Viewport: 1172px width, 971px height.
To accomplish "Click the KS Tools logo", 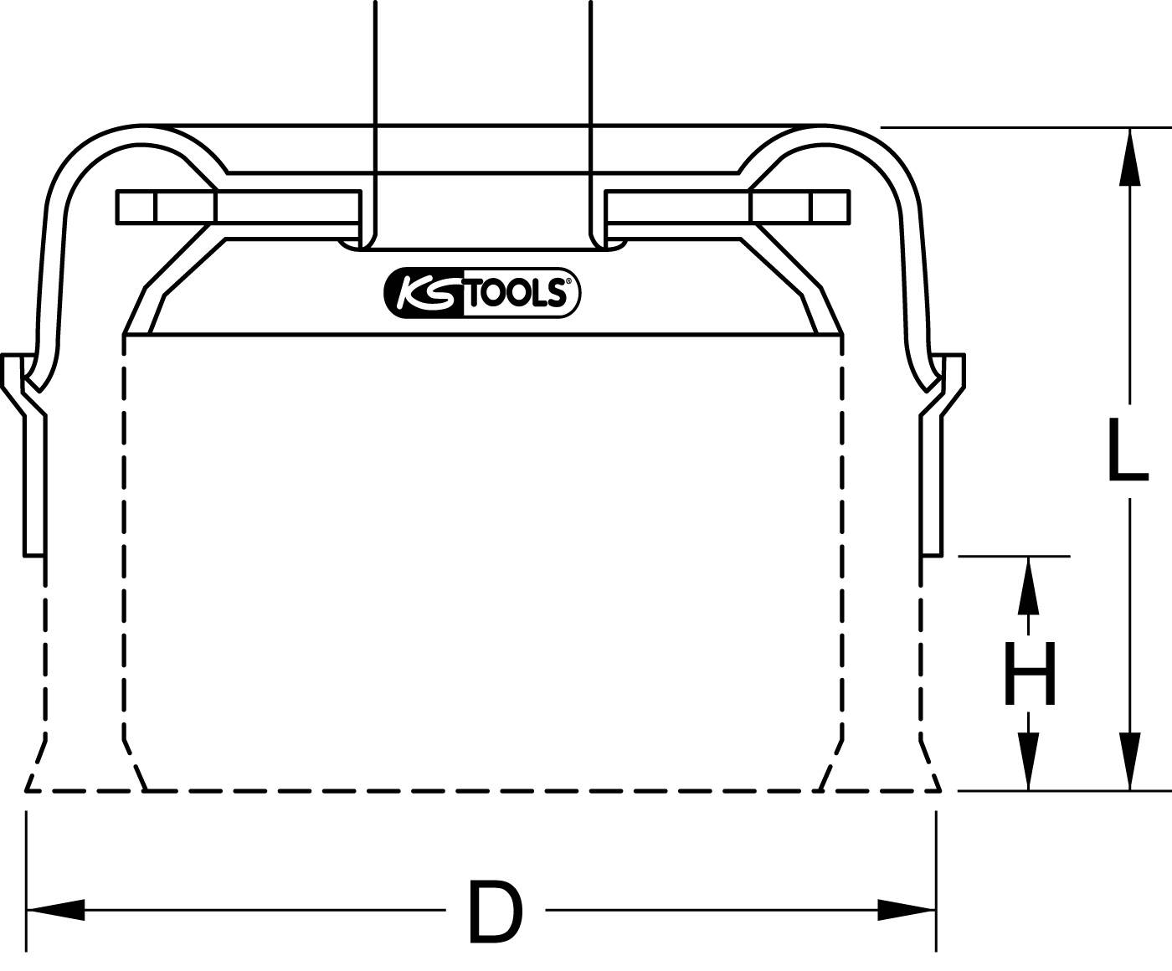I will tap(482, 294).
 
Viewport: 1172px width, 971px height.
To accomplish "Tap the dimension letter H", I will tap(1030, 674).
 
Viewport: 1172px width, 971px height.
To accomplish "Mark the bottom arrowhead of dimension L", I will tap(1130, 762).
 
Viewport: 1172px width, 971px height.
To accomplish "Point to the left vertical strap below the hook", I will tap(34, 485).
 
